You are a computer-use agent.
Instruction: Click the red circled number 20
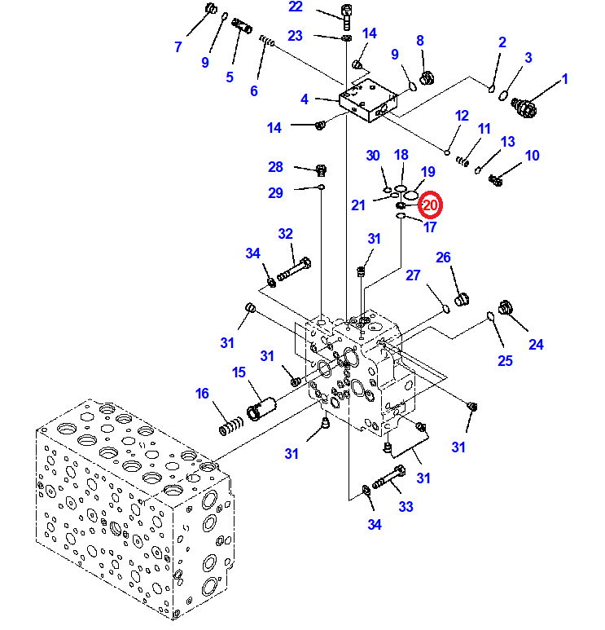(x=430, y=205)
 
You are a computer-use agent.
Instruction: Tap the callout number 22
(x=295, y=7)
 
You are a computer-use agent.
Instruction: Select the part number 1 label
(x=563, y=79)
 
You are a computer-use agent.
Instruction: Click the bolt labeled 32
(x=294, y=268)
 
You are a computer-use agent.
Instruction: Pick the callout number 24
(x=535, y=344)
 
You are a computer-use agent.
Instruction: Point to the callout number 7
(x=178, y=46)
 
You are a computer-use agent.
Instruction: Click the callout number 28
(x=275, y=167)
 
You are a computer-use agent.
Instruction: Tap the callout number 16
(x=203, y=394)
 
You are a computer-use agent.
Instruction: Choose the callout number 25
(x=506, y=360)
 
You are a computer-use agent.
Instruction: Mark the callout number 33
(x=406, y=506)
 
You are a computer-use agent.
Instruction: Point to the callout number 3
(x=528, y=57)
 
